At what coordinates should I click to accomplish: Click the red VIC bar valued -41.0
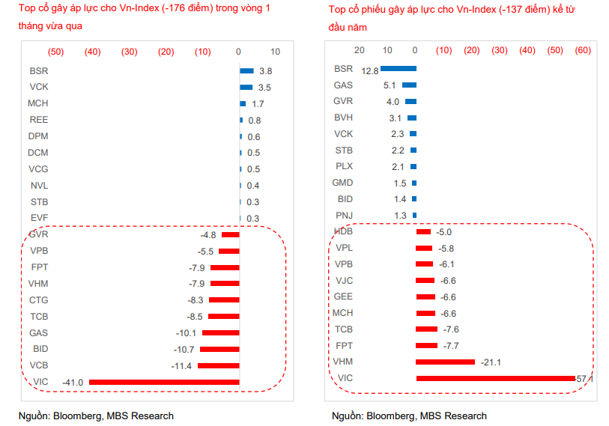[164, 382]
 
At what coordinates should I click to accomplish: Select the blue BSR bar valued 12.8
[398, 69]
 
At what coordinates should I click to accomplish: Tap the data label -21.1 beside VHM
[491, 362]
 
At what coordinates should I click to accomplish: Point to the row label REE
[39, 120]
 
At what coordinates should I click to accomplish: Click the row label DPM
[39, 136]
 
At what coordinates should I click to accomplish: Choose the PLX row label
[343, 166]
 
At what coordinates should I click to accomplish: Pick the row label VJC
[343, 281]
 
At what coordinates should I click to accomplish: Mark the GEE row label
[343, 296]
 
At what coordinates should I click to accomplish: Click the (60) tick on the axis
[583, 50]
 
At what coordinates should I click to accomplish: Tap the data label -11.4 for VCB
[182, 366]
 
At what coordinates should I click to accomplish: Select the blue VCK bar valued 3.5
[246, 88]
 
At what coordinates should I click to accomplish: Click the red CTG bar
[224, 300]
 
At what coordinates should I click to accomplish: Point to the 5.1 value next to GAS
[390, 85]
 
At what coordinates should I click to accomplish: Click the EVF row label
[39, 218]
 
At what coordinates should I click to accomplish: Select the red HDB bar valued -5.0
[423, 232]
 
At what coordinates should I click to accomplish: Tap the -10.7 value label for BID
[183, 350]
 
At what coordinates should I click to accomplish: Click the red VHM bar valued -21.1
[445, 362]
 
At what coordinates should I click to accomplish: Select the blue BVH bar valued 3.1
[412, 118]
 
